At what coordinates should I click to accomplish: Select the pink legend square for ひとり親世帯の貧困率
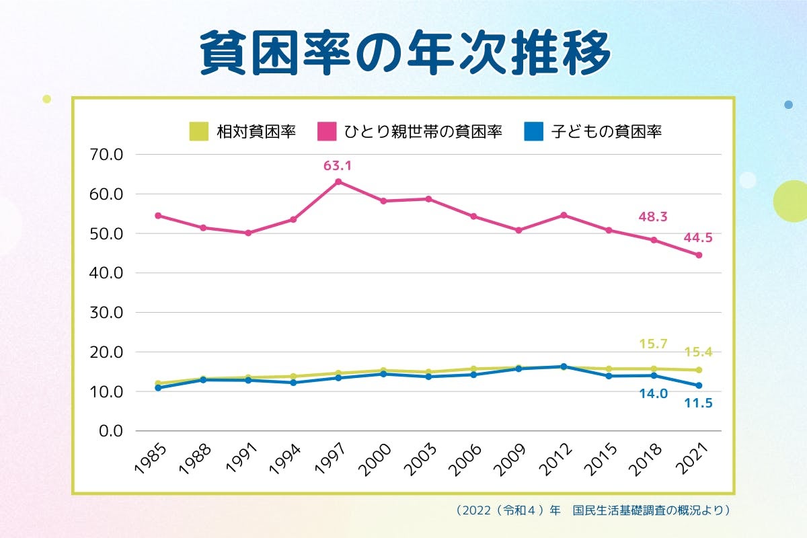point(327,130)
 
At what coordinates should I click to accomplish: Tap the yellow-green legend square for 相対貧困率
point(199,130)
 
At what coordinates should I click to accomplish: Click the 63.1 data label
point(338,164)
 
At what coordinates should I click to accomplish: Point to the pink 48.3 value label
point(652,218)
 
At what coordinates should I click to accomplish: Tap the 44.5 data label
point(698,237)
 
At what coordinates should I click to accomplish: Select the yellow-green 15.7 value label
point(652,344)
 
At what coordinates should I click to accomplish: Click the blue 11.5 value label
point(698,403)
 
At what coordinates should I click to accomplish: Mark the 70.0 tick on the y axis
point(106,155)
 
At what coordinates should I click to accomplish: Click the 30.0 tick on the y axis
point(106,313)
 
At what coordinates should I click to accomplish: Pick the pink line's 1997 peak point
point(338,182)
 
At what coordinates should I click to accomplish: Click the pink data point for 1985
point(158,215)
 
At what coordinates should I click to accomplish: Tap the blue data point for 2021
point(699,385)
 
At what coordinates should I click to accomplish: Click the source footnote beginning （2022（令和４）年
point(592,510)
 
